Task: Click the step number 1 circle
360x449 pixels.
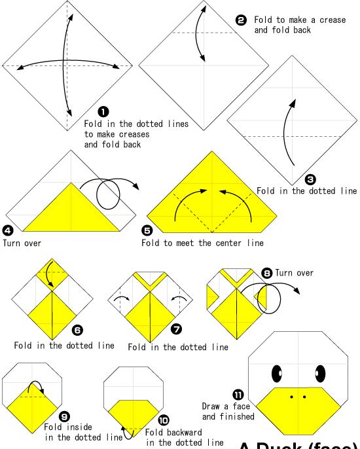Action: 103,112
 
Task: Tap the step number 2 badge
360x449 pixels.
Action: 241,20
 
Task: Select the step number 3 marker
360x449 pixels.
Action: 310,179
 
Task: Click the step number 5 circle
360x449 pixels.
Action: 147,230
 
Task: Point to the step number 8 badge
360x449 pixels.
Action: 266,273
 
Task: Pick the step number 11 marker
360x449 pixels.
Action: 238,395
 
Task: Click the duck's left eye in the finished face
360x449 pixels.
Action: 277,373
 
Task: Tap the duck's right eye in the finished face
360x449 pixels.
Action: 320,373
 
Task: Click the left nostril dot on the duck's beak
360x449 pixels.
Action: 291,397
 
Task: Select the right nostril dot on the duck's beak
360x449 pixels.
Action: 304,397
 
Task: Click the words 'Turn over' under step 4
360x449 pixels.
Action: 22,243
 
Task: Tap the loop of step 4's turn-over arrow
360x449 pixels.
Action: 108,194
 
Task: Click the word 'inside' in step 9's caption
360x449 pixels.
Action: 79,427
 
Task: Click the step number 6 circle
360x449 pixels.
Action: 78,330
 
